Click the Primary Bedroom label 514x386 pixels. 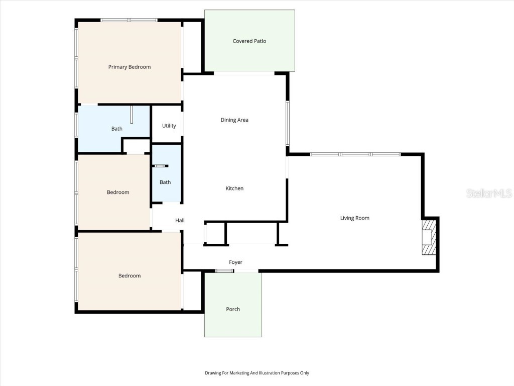[130, 67]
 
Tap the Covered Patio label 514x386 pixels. [249, 41]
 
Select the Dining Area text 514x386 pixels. [234, 120]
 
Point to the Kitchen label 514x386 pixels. [234, 188]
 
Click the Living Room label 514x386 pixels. [355, 218]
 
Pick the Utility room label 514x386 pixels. [169, 126]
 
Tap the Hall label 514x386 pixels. [180, 221]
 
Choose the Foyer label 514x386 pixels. [235, 262]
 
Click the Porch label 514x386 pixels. [233, 309]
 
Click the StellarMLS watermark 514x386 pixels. [489, 193]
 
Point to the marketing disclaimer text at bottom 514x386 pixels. [257, 373]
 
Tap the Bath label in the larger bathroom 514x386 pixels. [117, 129]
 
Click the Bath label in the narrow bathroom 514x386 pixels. [165, 182]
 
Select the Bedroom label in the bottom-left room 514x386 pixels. [130, 276]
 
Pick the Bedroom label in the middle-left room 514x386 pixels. [118, 192]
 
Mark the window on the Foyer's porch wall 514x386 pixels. [224, 271]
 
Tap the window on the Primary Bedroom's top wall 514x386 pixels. [129, 20]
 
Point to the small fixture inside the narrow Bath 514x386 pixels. [161, 166]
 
